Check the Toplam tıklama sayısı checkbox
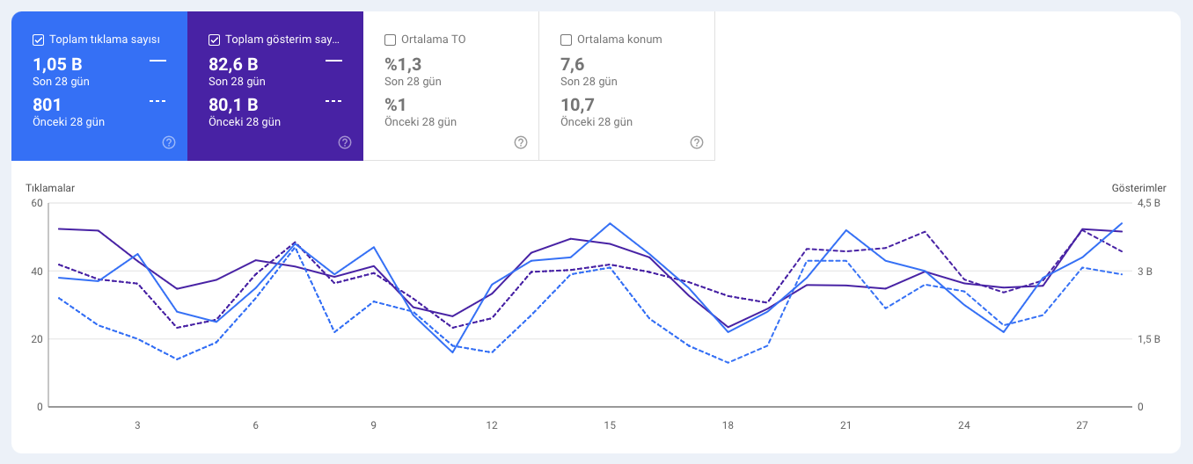38,40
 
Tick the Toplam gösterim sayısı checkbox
214,40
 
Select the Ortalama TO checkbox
390,40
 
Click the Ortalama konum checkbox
566,40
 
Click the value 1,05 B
57,64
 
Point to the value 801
47,105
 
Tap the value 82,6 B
233,64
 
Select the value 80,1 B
233,105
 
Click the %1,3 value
404,64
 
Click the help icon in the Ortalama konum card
697,142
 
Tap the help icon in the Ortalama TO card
521,142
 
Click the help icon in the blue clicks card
169,142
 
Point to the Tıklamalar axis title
50,188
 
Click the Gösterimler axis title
1138,188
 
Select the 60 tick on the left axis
37,203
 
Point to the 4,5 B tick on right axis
1149,203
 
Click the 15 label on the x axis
610,425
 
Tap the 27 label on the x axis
1082,425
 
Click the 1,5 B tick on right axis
1149,339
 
